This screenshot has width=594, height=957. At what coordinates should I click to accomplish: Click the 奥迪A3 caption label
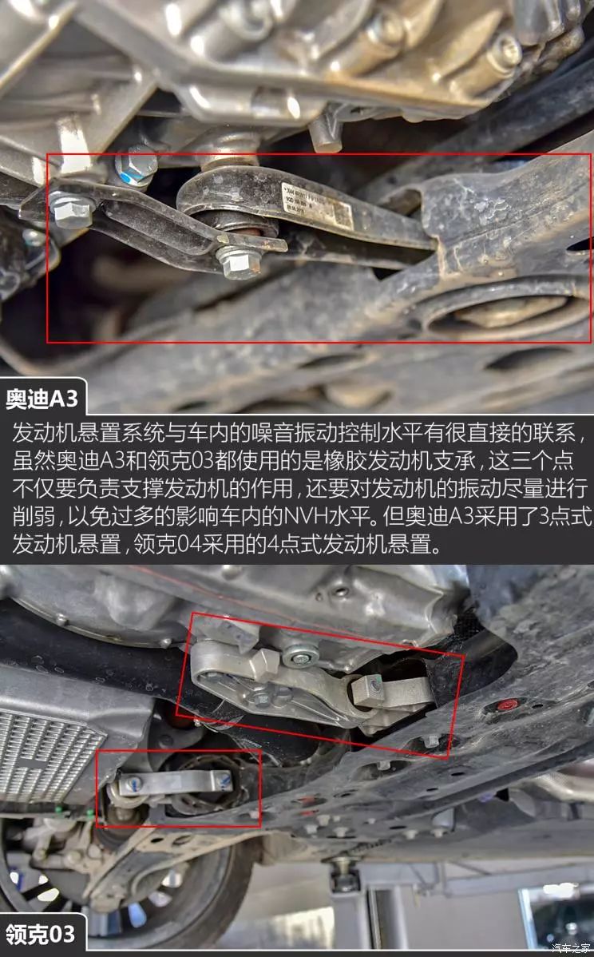tap(42, 397)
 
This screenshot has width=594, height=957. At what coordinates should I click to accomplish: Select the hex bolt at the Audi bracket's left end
tap(71, 207)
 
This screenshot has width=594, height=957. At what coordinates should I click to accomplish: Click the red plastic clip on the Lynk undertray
tap(508, 704)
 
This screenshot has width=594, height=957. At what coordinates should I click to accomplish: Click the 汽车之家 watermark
tap(568, 947)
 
